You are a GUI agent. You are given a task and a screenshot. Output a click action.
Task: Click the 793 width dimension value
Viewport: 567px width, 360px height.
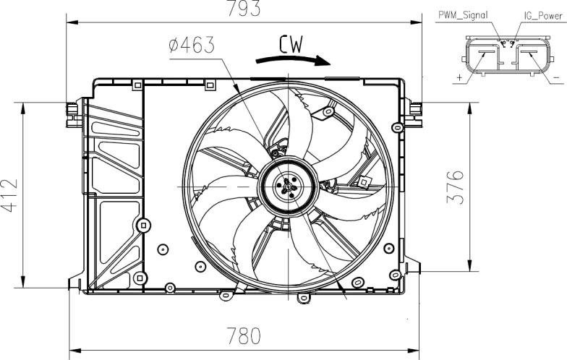coord(243,8)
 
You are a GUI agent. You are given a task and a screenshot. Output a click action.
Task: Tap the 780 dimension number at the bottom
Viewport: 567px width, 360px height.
coord(243,335)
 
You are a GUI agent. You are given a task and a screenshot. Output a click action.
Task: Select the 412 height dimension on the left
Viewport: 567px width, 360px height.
coord(9,195)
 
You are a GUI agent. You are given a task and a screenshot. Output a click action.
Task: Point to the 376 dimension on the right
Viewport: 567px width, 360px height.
coord(455,187)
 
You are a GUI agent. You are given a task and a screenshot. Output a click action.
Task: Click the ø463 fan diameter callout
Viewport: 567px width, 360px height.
coord(192,45)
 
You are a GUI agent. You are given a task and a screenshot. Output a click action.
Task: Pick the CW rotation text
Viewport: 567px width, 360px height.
coord(291,45)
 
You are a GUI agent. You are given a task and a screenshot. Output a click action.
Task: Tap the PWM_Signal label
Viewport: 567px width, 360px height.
coord(463,15)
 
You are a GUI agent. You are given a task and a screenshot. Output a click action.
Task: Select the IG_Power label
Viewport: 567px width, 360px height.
coord(544,16)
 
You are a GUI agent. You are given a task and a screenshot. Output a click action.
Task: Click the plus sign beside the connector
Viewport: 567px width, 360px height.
coord(460,77)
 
